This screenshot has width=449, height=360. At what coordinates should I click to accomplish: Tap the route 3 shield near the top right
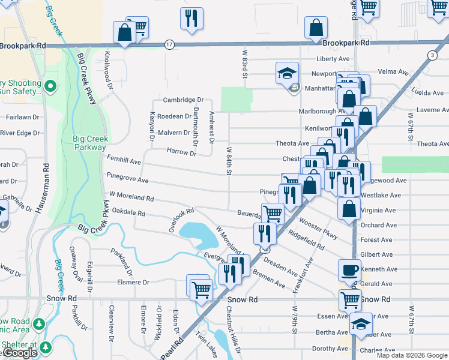[432, 55]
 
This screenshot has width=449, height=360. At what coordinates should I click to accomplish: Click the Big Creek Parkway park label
[89, 143]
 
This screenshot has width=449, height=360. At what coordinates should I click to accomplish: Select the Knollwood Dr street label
[109, 76]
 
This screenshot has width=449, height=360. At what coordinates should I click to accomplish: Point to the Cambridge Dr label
[184, 100]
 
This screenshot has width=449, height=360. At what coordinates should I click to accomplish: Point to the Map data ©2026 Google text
[412, 355]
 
